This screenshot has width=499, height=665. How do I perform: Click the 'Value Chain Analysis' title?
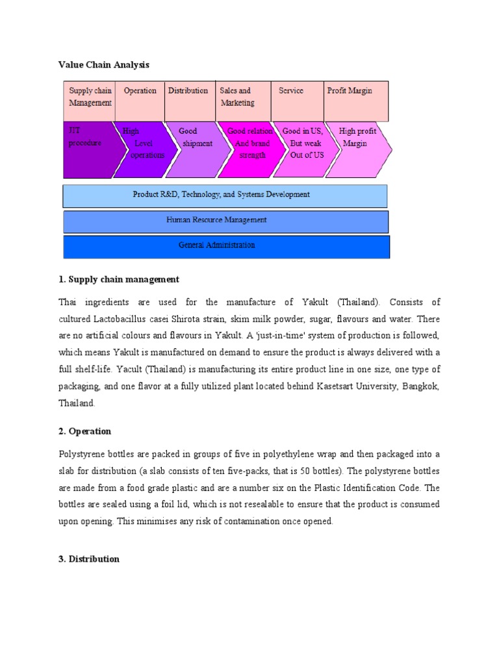click(x=104, y=65)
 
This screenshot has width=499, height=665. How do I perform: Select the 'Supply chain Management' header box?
click(x=90, y=101)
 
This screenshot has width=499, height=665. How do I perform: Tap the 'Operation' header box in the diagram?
click(x=140, y=101)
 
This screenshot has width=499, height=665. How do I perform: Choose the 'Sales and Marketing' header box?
click(x=243, y=101)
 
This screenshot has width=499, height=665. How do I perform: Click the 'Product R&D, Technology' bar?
click(x=225, y=195)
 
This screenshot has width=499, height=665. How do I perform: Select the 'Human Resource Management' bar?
click(x=225, y=221)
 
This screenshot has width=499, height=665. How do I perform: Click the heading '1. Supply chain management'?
click(x=119, y=279)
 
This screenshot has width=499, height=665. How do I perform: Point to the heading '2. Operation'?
click(x=85, y=431)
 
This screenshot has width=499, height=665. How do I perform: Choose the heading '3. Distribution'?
click(x=89, y=558)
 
